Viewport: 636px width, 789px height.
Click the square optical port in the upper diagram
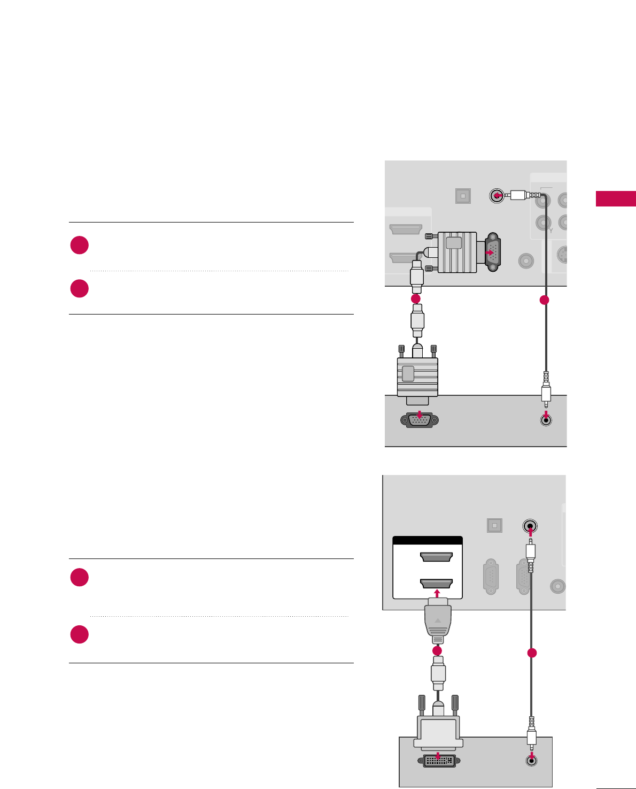pos(463,196)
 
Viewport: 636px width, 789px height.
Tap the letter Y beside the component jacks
pos(550,231)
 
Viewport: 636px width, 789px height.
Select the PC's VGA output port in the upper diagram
pos(420,420)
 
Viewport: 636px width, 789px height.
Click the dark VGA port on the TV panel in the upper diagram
pos(492,250)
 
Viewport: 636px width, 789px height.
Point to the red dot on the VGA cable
pos(416,298)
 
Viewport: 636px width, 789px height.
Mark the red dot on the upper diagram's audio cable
pos(544,300)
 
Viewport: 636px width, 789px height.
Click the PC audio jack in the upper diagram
pos(545,420)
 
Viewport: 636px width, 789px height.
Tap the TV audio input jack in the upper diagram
pos(497,196)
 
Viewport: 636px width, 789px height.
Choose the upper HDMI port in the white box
pos(437,557)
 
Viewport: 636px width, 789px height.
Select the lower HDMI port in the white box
pos(437,583)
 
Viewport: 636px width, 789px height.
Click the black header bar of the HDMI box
pos(428,540)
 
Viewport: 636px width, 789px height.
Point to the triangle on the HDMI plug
pos(438,621)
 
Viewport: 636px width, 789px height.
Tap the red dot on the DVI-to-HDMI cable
pos(437,650)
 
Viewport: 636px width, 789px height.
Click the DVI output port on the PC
pos(439,761)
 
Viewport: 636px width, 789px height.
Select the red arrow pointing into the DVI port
pos(439,756)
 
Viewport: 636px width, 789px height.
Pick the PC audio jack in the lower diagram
pos(531,760)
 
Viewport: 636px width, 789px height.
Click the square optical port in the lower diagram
pos(494,525)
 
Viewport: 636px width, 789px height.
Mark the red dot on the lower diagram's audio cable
pos(531,653)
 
